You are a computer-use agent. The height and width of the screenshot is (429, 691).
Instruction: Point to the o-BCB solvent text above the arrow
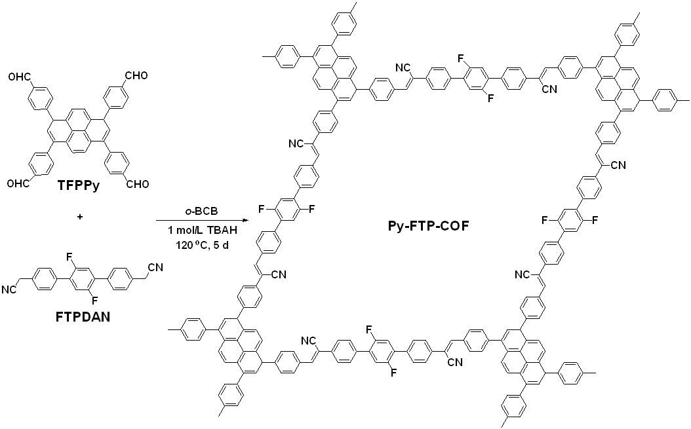(201, 210)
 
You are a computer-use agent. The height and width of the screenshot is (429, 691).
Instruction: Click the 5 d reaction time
(224, 245)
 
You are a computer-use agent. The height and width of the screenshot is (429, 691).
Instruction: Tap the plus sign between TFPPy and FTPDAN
(80, 217)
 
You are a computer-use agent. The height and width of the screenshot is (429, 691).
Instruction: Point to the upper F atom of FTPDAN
(71, 256)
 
